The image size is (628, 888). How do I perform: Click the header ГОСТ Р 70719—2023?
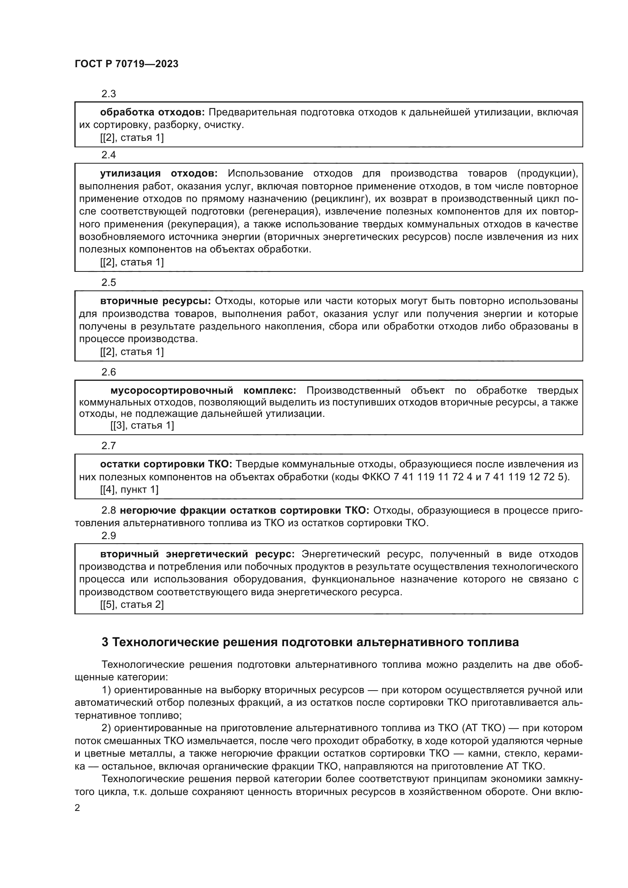pos(126,64)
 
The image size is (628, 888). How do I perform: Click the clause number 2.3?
pos(109,94)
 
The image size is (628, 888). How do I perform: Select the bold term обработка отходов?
pos(152,112)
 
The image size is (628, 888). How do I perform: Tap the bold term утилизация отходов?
pos(159,173)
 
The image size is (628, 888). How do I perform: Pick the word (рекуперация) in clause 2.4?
pos(202,224)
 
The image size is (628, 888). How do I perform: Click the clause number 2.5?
pos(109,282)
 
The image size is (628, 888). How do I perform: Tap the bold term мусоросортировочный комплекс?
pos(203,390)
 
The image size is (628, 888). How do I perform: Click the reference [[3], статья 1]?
pos(142,426)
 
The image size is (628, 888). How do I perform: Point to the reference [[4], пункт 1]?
pos(129,490)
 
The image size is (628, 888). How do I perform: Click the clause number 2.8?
pos(109,511)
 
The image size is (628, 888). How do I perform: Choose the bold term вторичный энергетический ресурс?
pos(197,554)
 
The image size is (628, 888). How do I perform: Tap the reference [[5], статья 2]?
pos(132,604)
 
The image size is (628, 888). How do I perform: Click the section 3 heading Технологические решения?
pos(310,642)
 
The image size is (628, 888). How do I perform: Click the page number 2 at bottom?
pos(77,808)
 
